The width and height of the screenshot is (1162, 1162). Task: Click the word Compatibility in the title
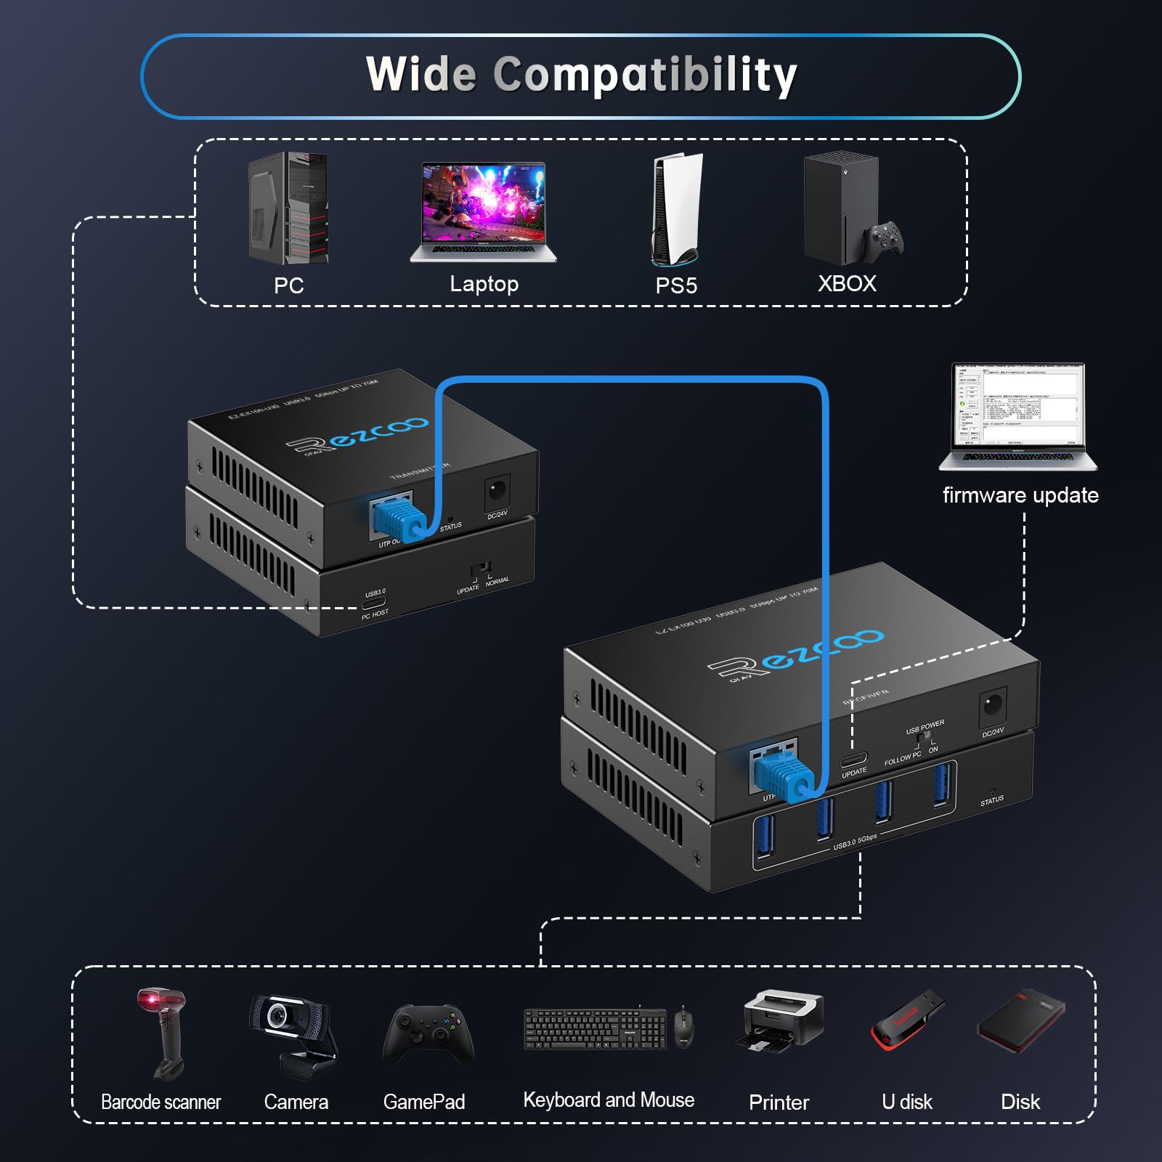click(x=645, y=75)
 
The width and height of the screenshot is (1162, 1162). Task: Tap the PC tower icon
click(x=288, y=208)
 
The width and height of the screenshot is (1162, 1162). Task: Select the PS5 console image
click(x=676, y=209)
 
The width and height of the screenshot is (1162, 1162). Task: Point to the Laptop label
click(x=484, y=284)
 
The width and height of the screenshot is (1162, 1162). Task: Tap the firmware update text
click(x=1020, y=495)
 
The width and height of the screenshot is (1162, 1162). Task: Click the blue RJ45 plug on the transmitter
click(x=398, y=518)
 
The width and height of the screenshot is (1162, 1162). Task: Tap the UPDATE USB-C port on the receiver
click(x=853, y=760)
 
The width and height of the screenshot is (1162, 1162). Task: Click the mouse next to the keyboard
click(x=683, y=1027)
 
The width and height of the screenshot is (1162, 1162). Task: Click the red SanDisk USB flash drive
click(x=907, y=1020)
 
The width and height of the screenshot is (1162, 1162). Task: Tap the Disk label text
click(x=1020, y=1102)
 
